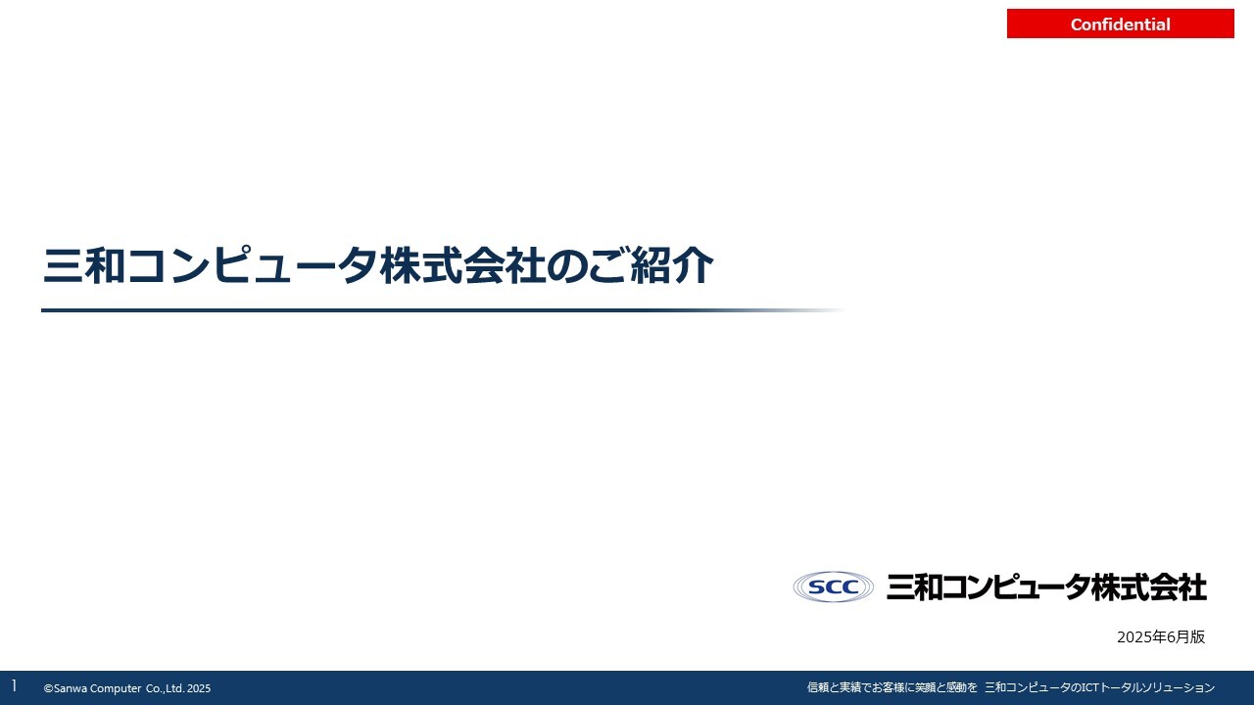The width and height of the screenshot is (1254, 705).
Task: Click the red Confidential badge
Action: [1120, 23]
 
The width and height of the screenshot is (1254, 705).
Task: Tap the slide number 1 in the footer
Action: [14, 686]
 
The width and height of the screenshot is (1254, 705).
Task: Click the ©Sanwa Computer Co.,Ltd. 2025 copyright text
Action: [127, 688]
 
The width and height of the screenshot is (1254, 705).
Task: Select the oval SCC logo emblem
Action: [833, 587]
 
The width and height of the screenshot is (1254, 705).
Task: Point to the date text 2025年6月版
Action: [1161, 636]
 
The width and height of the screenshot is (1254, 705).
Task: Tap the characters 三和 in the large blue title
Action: [84, 264]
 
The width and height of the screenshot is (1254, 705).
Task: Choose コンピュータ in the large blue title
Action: [253, 264]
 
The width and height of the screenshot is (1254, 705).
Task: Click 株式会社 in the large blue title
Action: [461, 264]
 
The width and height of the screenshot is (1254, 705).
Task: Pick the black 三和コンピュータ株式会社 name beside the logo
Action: [1046, 587]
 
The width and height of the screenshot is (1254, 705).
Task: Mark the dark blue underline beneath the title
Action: [442, 310]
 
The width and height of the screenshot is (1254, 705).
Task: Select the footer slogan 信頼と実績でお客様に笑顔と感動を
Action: [892, 687]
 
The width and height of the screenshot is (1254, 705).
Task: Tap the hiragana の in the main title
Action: [566, 265]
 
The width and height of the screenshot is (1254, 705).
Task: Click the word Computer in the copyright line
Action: [116, 688]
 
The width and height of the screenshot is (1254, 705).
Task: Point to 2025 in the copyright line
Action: [199, 688]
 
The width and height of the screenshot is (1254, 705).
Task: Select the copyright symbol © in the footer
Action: [49, 688]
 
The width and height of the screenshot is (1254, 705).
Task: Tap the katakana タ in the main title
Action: [358, 265]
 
